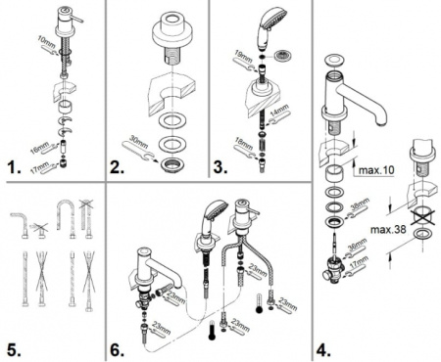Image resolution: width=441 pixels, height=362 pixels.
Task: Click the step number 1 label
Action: (x=14, y=168)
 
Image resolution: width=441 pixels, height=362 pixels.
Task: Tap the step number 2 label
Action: (x=120, y=168)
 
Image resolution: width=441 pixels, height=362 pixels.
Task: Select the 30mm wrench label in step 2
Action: (x=140, y=143)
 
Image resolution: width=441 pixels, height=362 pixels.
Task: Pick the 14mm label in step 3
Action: (x=279, y=118)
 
